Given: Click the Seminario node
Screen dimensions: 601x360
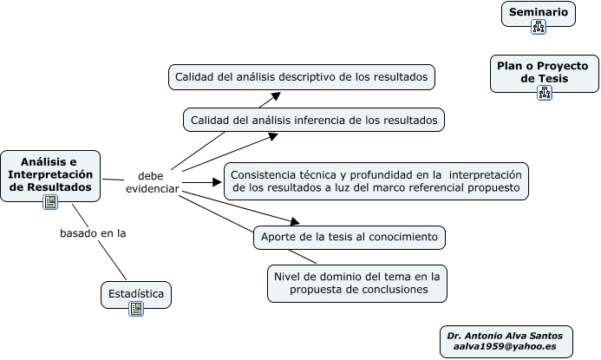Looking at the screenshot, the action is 538,12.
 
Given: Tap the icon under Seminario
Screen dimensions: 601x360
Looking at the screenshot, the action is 539,27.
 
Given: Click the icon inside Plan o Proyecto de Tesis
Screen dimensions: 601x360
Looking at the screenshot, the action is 545,93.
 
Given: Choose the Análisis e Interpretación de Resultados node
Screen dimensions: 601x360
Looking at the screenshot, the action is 49,173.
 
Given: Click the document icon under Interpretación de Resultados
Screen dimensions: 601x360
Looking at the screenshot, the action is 50,203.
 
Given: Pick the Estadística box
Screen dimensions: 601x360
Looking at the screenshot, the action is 136,293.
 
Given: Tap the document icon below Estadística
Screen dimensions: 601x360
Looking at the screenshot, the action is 136,309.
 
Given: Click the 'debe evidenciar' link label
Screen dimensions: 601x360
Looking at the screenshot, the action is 151,181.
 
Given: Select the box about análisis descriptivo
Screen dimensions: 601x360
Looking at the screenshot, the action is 301,77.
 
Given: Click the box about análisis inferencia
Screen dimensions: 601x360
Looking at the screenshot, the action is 314,120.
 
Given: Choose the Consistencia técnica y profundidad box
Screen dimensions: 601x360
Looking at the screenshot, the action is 376,180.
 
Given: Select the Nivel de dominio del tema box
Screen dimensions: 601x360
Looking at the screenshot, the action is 357,283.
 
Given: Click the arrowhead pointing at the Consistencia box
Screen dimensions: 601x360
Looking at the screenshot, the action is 219,182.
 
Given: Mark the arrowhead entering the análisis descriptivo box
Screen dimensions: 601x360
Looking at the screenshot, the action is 277,96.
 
